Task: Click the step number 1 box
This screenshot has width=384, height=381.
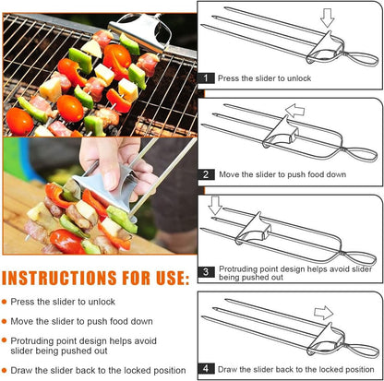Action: tap(208, 79)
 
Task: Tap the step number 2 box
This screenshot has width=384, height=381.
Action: tap(208, 173)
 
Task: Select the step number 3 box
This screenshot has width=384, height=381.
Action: tap(208, 271)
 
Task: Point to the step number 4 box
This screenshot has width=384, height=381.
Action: tap(208, 366)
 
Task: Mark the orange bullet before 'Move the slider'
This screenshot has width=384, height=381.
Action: tap(6, 320)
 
